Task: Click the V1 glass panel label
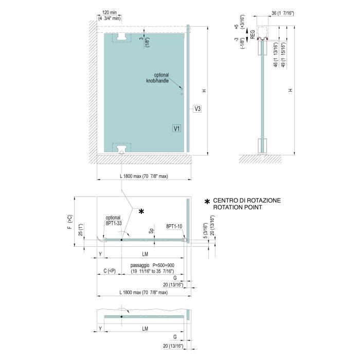tap(176, 129)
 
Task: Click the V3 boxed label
tap(197, 109)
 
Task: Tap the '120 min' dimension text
tap(109, 12)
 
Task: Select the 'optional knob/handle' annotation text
tap(158, 78)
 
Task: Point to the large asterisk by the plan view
tap(141, 211)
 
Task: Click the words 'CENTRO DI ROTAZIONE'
tap(247, 201)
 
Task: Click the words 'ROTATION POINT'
tap(238, 207)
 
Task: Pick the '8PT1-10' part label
tap(174, 226)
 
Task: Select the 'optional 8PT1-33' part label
tap(114, 221)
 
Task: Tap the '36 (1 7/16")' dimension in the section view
tap(283, 13)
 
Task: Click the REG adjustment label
tap(253, 34)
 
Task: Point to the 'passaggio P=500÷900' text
tap(152, 265)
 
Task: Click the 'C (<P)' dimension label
tap(110, 271)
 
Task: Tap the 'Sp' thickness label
tap(151, 231)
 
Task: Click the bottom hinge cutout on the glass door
tap(121, 148)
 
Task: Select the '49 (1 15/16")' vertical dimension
tap(283, 55)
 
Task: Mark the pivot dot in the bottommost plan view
tap(121, 317)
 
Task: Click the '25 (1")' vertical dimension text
tap(80, 230)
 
